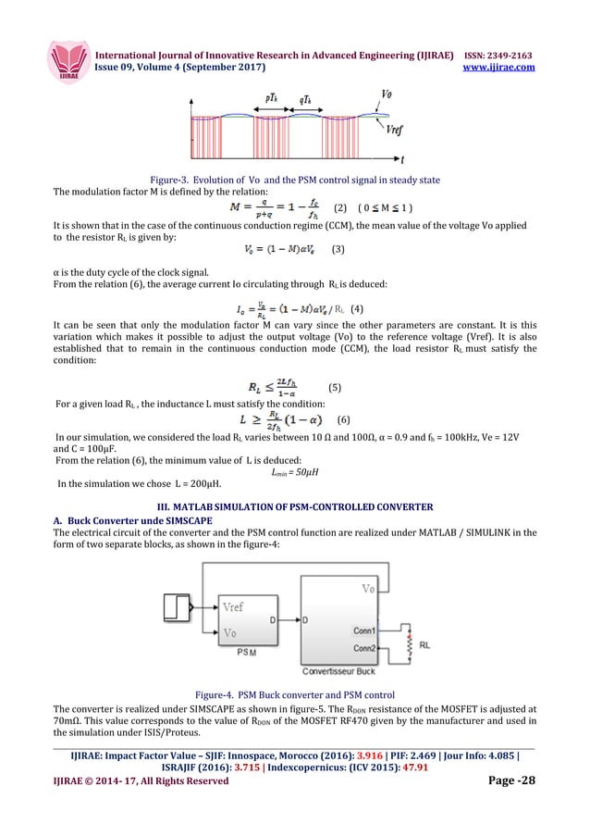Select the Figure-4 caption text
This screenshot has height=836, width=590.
tap(295, 693)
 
